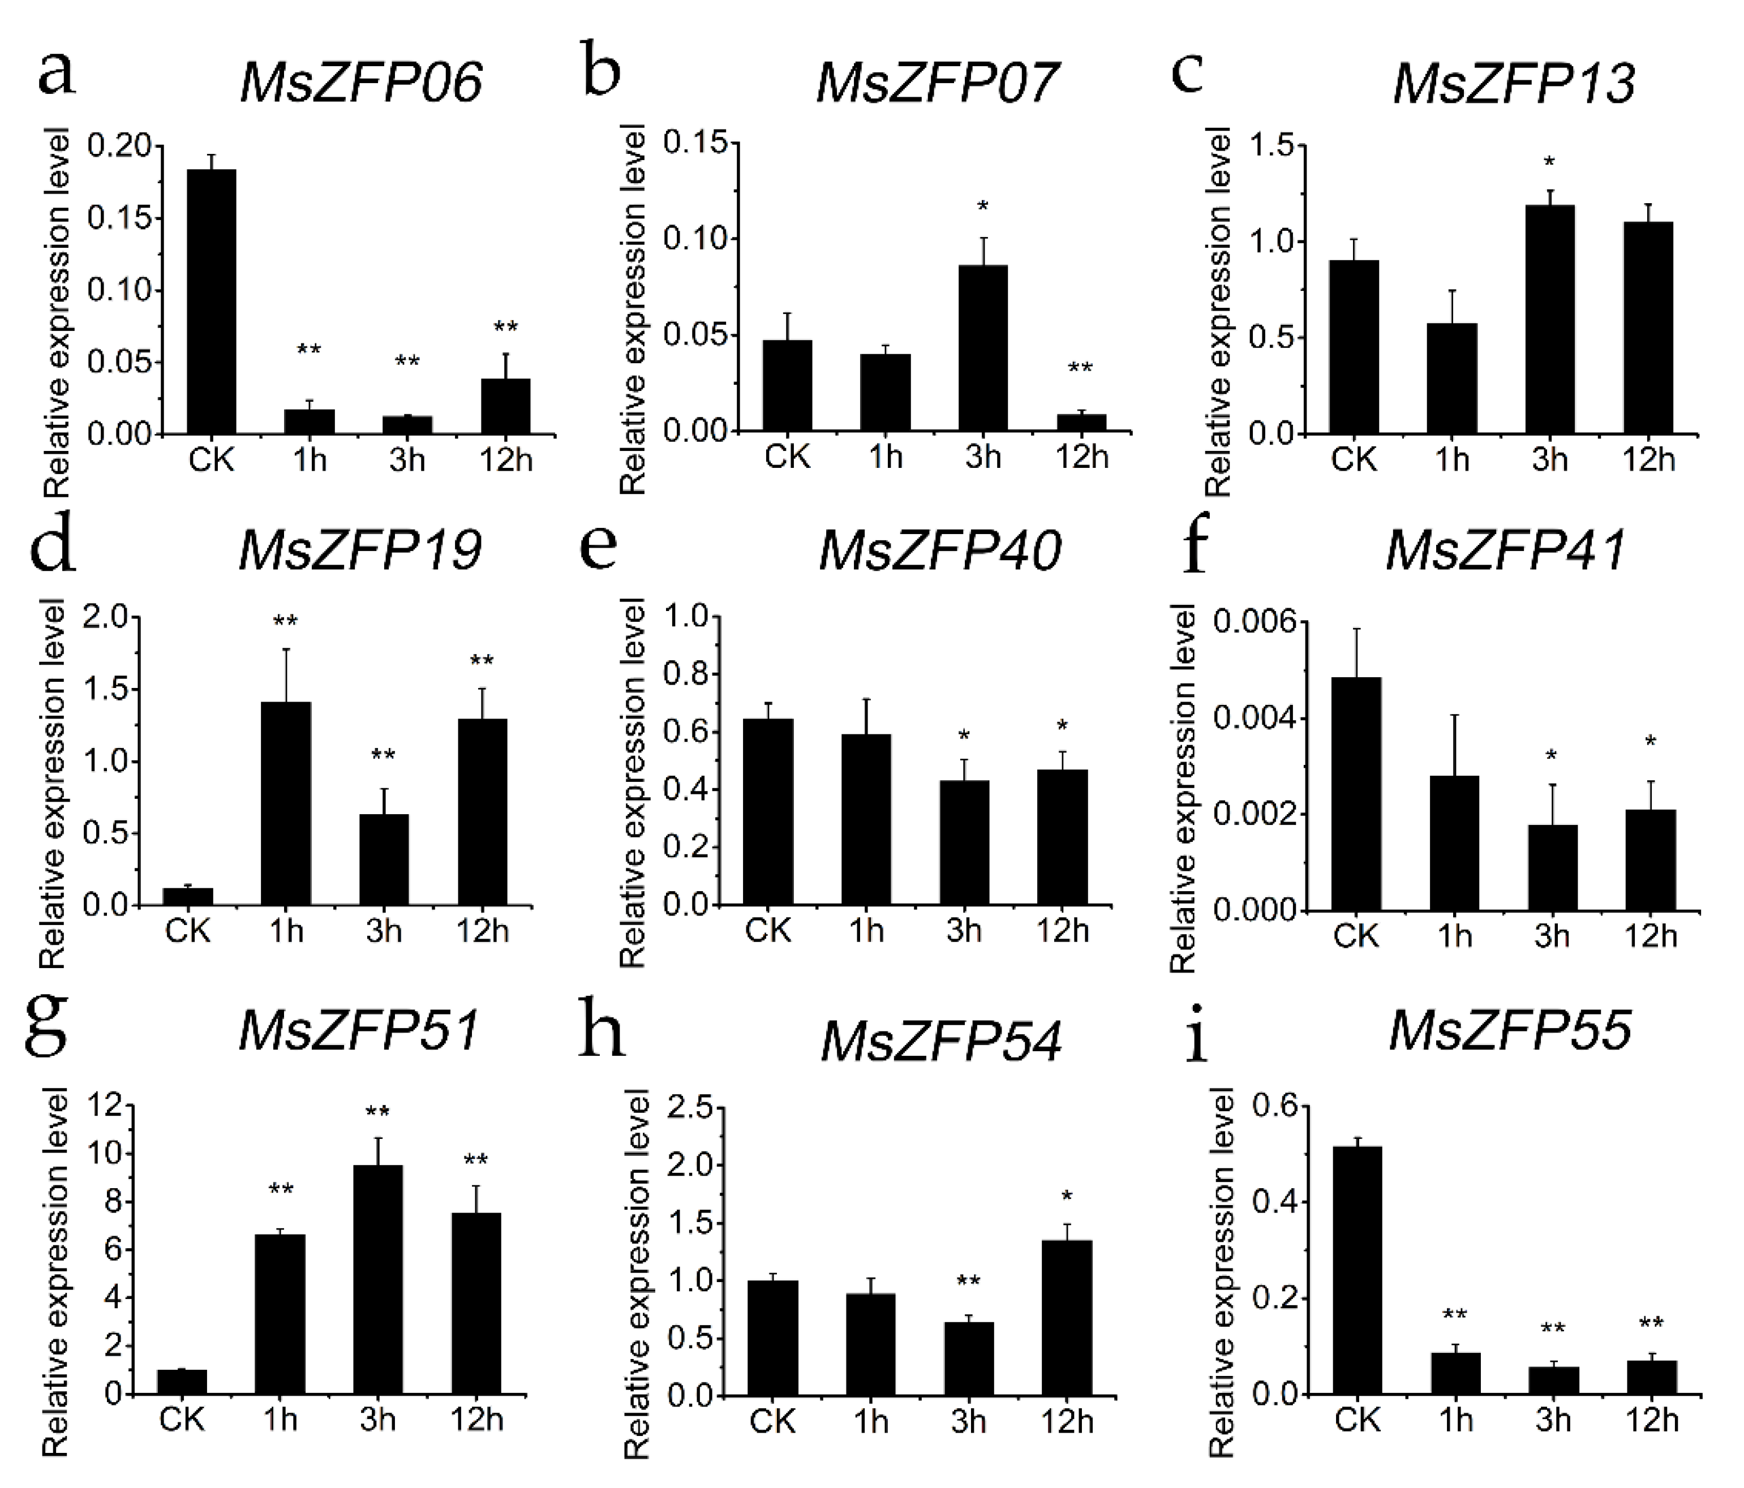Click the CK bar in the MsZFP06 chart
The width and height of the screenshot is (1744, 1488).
pyautogui.click(x=211, y=302)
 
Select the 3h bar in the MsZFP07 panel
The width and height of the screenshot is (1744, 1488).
pyautogui.click(x=982, y=347)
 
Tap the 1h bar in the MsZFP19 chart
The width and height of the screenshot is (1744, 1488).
pyautogui.click(x=285, y=804)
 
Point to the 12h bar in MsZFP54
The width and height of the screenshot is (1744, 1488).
pyautogui.click(x=1067, y=1318)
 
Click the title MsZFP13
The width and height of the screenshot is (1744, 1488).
pyautogui.click(x=1513, y=84)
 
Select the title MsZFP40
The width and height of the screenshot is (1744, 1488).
pyautogui.click(x=939, y=551)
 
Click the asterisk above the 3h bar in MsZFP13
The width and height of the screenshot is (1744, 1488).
pyautogui.click(x=1549, y=162)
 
